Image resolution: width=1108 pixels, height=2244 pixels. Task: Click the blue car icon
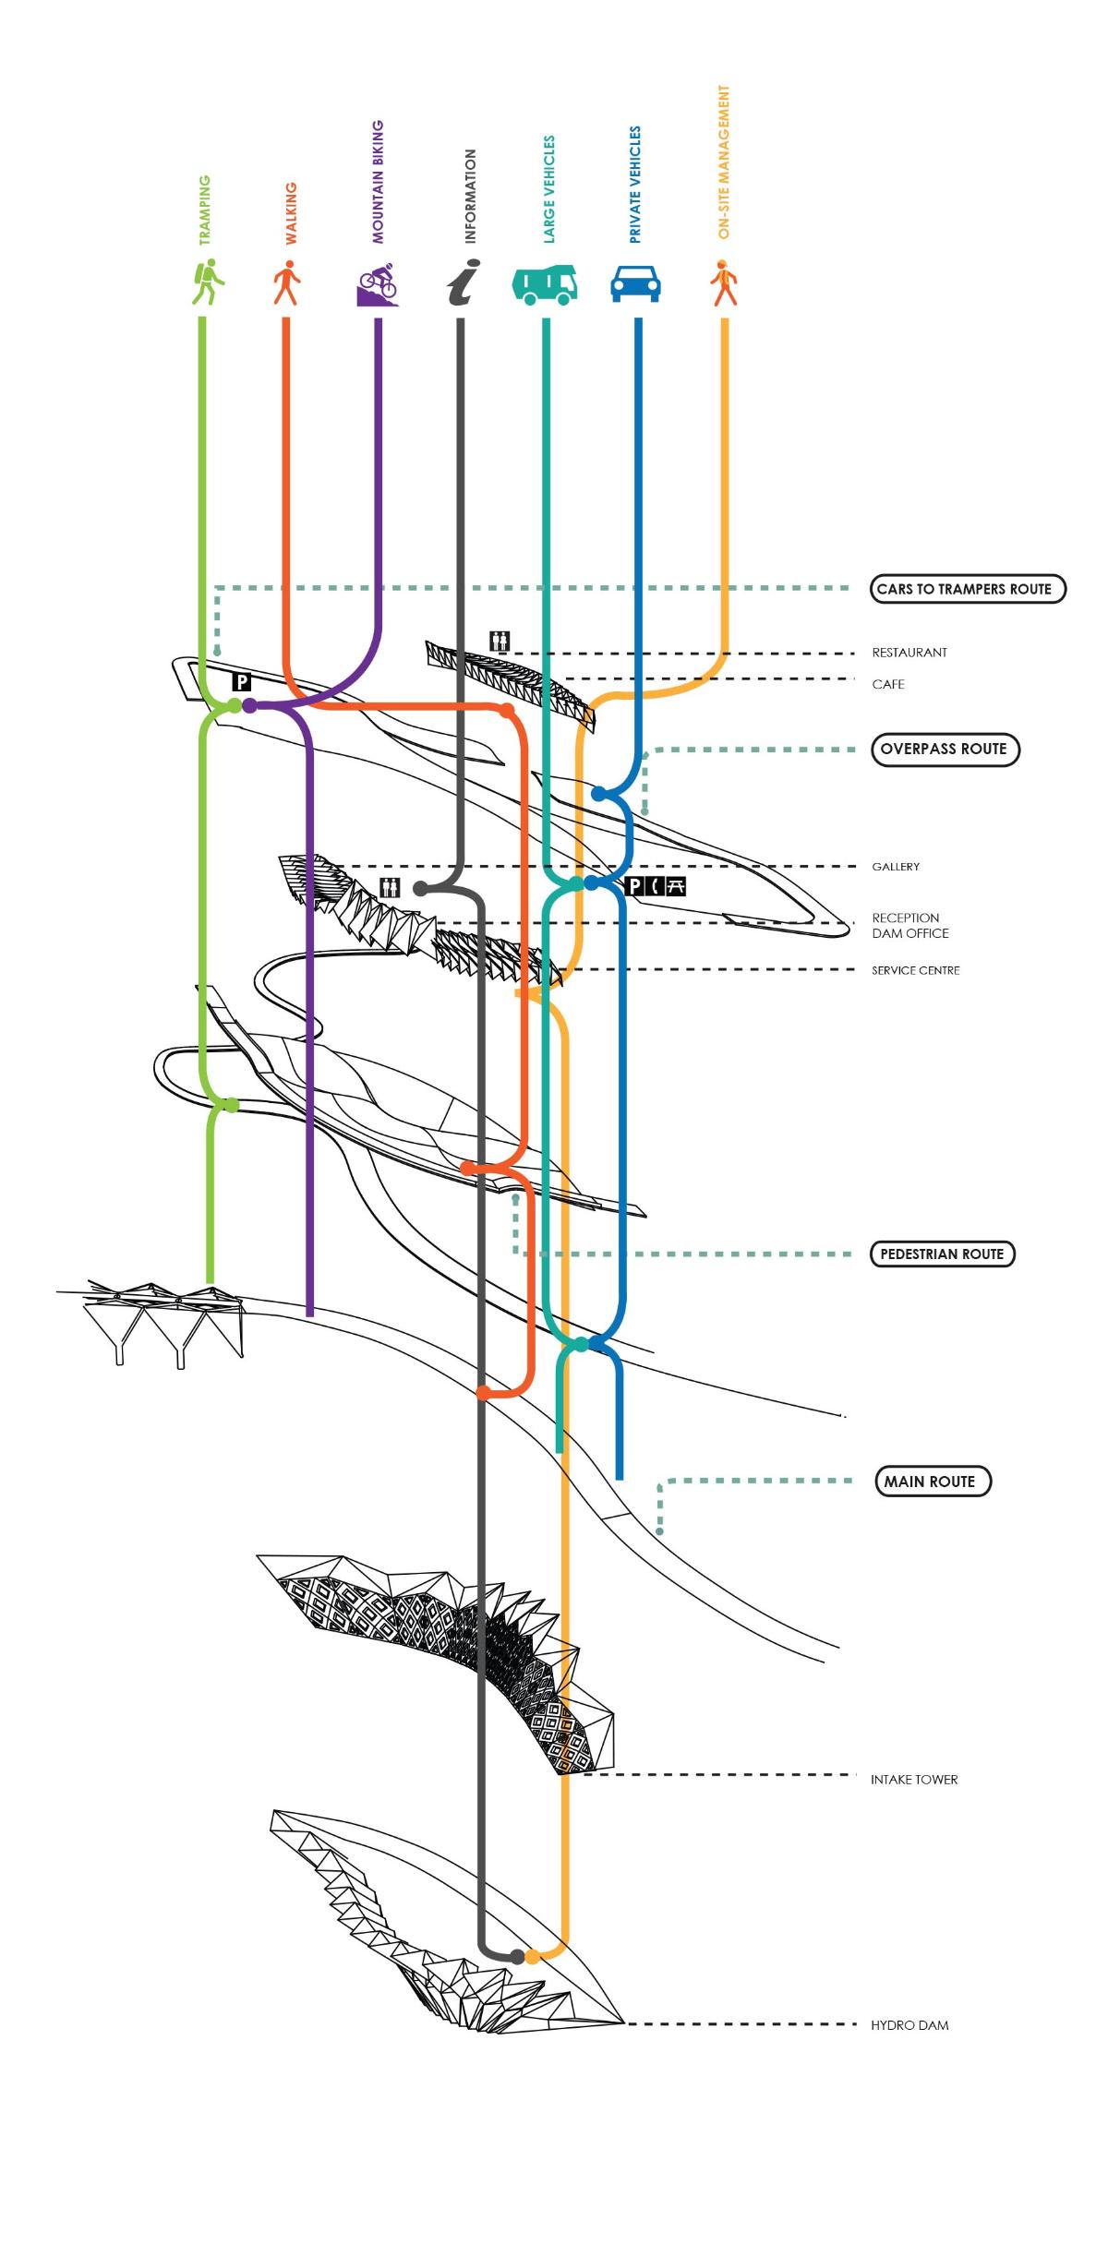point(635,283)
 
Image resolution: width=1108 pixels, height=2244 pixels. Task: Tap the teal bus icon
point(545,284)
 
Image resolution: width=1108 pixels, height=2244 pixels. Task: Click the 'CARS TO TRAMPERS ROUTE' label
point(967,589)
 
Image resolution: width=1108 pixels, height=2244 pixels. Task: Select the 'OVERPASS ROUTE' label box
point(944,749)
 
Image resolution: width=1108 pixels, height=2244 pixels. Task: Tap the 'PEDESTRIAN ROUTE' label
point(941,1254)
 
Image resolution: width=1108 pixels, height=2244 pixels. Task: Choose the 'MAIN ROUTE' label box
point(932,1481)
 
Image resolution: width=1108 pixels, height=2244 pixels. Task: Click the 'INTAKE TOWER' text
point(913,1779)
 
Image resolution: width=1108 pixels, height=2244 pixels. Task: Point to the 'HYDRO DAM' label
point(909,2024)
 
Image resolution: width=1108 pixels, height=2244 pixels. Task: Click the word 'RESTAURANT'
point(909,653)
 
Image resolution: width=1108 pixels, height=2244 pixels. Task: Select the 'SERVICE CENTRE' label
point(915,970)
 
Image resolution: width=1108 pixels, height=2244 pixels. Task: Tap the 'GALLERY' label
point(896,867)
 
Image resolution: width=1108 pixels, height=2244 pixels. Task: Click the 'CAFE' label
point(888,684)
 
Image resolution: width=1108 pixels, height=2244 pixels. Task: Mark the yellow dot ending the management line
point(533,1956)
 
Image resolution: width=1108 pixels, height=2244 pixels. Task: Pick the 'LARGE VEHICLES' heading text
point(549,189)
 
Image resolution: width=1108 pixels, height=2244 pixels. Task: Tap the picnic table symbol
point(676,887)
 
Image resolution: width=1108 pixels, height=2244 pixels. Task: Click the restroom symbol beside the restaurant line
point(500,641)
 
